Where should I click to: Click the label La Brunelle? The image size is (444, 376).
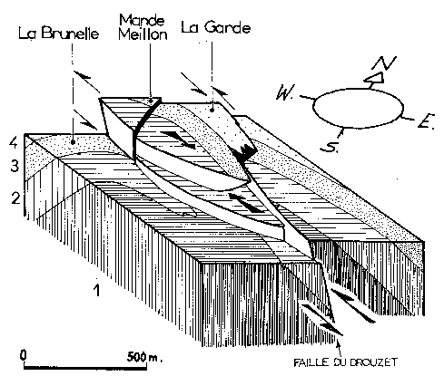point(59,33)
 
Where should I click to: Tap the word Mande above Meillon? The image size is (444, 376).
point(142,20)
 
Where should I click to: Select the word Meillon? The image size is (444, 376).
point(143,34)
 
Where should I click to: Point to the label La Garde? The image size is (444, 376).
point(216,27)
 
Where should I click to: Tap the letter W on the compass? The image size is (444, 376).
point(285,92)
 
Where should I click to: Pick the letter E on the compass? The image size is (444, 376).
point(427,121)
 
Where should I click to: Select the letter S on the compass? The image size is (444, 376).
point(329,147)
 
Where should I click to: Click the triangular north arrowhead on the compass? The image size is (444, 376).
point(374,78)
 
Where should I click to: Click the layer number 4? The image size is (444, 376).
point(14,142)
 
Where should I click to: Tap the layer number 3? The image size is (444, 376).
point(15,166)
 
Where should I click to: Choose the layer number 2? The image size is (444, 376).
point(15,198)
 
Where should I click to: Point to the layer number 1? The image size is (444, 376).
point(96,290)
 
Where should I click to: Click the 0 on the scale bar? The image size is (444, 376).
point(24,355)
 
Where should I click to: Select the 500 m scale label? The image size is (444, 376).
point(143,357)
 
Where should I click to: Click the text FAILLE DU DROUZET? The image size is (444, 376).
point(345,362)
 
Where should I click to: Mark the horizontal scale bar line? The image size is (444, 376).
point(85,368)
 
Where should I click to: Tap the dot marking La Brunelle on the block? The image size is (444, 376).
point(73,141)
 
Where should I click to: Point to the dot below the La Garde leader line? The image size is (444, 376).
point(212,111)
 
